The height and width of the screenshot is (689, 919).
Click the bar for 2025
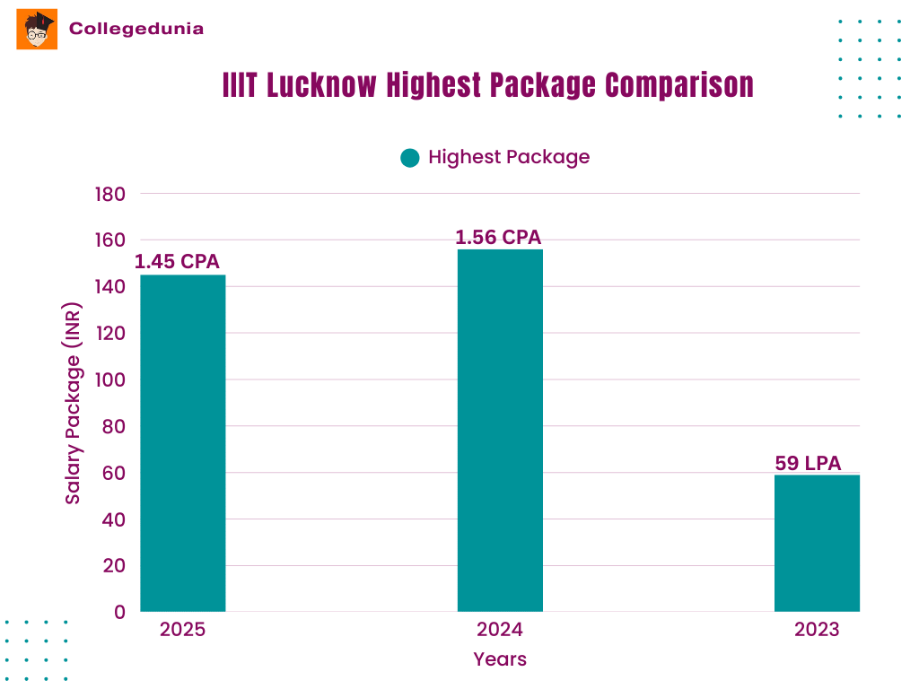pos(183,443)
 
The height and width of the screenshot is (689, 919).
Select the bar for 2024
pos(500,431)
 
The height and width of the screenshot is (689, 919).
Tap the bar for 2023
pos(817,543)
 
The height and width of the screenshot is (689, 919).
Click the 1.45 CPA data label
pos(177,262)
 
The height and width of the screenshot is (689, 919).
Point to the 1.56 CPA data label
pos(498,237)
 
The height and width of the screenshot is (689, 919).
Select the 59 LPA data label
pos(808,464)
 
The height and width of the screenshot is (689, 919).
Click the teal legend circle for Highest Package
pos(410,158)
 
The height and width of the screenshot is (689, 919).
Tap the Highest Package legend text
pos(509,157)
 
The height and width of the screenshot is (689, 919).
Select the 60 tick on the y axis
pos(114,473)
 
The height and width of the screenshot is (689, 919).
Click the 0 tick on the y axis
pos(119,612)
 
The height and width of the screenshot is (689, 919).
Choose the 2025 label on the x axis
pos(182,629)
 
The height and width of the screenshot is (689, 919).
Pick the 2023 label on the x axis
pos(817,629)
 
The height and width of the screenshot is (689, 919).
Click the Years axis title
pos(500,659)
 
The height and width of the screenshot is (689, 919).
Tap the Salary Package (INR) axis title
pos(73,403)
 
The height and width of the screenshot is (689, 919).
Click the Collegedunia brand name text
pos(136,29)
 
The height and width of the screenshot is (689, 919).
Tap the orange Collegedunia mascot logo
pos(37,29)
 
